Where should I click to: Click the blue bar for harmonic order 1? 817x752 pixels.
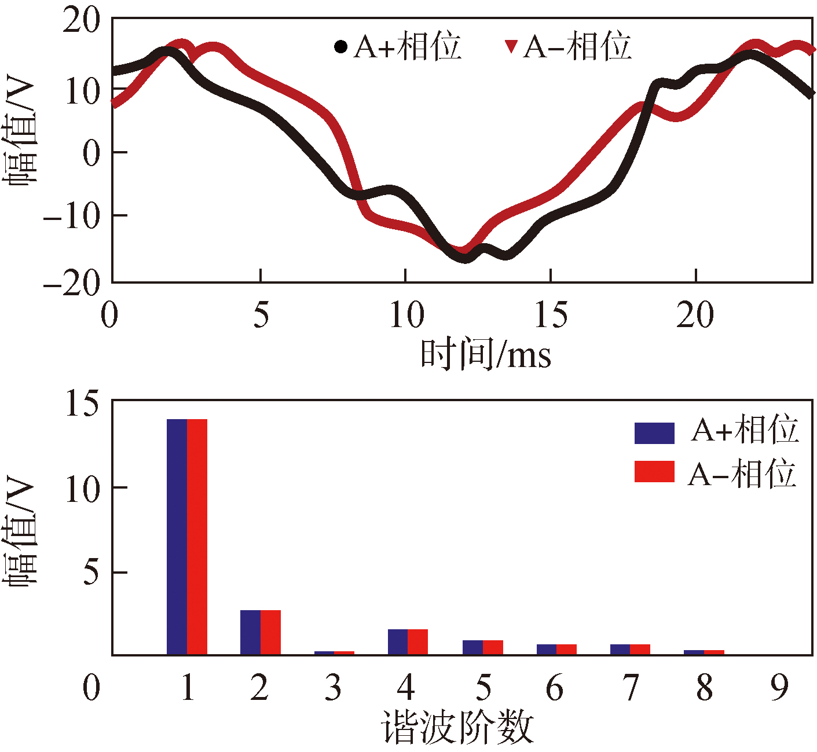pyautogui.click(x=177, y=537)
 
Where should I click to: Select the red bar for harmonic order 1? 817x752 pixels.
pyautogui.click(x=197, y=537)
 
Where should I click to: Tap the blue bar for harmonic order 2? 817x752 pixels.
pyautogui.click(x=250, y=632)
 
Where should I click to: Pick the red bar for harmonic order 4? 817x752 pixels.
pyautogui.click(x=417, y=642)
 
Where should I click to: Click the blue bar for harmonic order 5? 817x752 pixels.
pyautogui.click(x=472, y=647)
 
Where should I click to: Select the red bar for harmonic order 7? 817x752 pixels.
pyautogui.click(x=640, y=650)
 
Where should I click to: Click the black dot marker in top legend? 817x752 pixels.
pyautogui.click(x=341, y=46)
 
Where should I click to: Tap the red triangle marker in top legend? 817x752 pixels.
pyautogui.click(x=511, y=46)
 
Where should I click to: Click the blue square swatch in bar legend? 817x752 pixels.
pyautogui.click(x=654, y=433)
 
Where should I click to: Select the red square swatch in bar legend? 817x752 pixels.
pyautogui.click(x=654, y=472)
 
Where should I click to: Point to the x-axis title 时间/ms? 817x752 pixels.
pyautogui.click(x=485, y=354)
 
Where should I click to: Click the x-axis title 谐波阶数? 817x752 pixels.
pyautogui.click(x=457, y=728)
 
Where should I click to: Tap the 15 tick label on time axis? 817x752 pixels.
pyautogui.click(x=551, y=316)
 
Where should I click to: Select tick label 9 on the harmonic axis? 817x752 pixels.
pyautogui.click(x=779, y=688)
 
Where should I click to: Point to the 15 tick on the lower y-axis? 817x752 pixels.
pyautogui.click(x=82, y=403)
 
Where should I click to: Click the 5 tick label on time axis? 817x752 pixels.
pyautogui.click(x=261, y=316)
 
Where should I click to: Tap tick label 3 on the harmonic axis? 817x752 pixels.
pyautogui.click(x=333, y=688)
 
